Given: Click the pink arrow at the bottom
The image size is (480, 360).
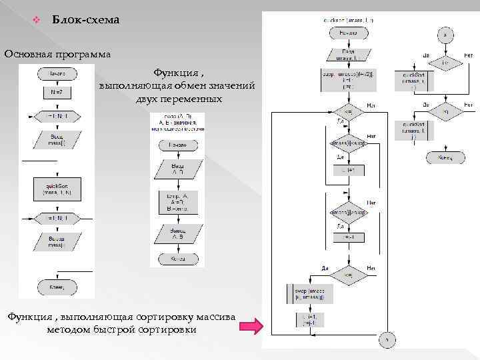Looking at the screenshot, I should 247,326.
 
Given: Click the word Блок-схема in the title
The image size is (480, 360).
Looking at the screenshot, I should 85,20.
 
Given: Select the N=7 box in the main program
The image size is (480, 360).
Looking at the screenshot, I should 56,91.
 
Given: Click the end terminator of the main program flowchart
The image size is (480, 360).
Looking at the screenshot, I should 56,287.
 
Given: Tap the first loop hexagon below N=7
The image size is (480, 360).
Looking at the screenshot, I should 56,115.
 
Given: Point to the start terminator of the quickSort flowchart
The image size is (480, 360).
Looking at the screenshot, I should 348,33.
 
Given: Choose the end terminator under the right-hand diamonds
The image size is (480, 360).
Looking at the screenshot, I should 445,157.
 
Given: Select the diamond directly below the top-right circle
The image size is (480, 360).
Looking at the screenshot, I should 445,63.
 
